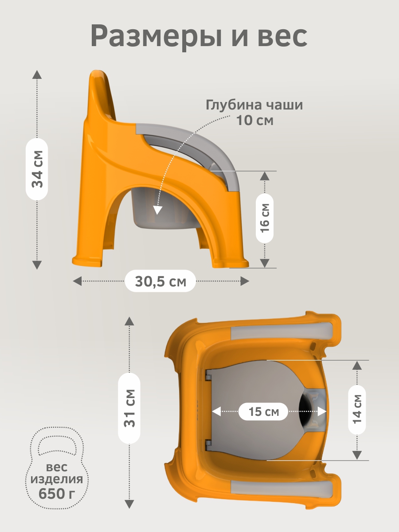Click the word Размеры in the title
pos(156,36)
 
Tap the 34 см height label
pos(37,169)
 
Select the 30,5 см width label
pos(160,282)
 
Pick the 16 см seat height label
pos(265,218)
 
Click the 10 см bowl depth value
pos(255,120)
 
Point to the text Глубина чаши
pos(254,106)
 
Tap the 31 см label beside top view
pos(129,408)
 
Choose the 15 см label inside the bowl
pos(264,411)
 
